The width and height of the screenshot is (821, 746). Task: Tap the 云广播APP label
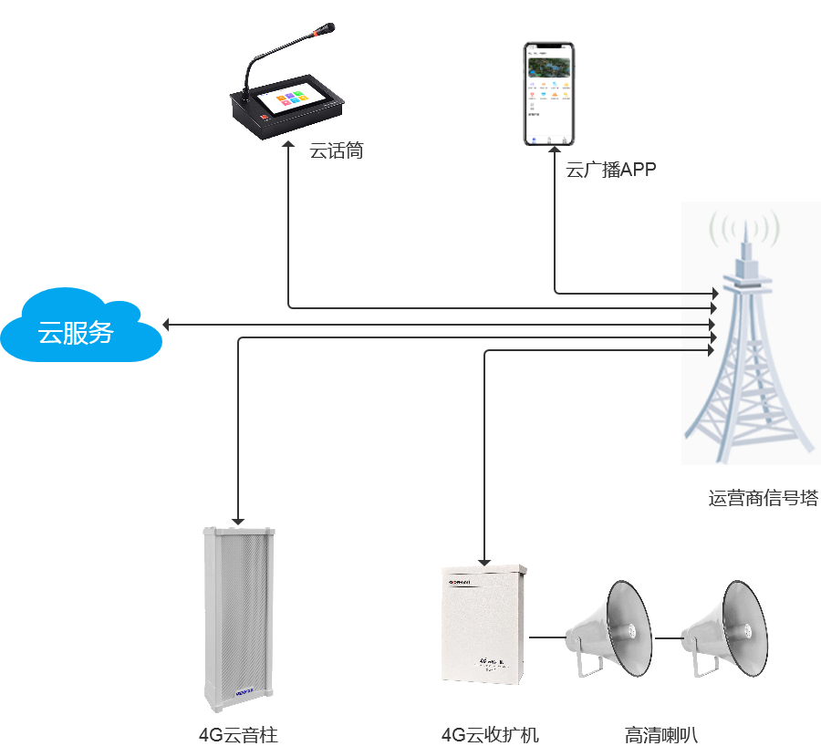click(610, 170)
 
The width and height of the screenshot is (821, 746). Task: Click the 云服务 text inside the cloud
click(76, 332)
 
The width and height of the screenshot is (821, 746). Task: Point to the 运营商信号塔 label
click(763, 499)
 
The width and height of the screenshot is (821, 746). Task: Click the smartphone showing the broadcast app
click(548, 93)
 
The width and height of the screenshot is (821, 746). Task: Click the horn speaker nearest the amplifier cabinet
click(608, 629)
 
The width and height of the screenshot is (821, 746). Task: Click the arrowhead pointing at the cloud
click(166, 324)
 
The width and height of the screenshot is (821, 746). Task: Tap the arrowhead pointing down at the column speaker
click(238, 518)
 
